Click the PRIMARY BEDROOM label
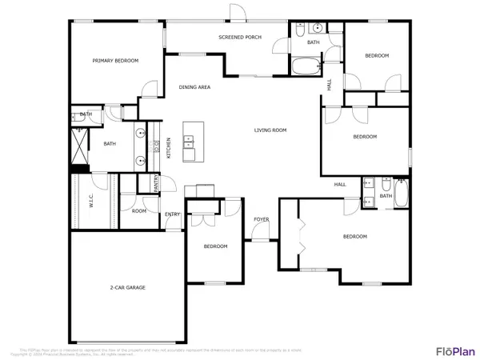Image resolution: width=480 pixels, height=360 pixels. click(115, 61)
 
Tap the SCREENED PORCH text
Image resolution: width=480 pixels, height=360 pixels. click(241, 38)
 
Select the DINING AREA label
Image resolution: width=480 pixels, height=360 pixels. click(194, 86)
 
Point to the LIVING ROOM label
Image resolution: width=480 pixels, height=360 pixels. click(270, 130)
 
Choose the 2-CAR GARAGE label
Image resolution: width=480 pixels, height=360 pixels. click(127, 286)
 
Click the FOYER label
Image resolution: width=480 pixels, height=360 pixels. click(261, 218)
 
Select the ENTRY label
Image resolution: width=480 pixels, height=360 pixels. click(172, 214)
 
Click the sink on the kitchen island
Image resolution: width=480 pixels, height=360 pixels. click(190, 143)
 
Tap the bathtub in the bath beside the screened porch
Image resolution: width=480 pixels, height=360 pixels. click(305, 66)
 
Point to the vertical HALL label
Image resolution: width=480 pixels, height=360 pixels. click(330, 84)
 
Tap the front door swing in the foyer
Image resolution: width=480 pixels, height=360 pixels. click(260, 234)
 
